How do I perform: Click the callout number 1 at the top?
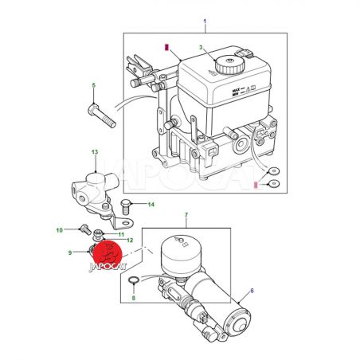[x=205, y=21]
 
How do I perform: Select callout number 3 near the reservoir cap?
[x=201, y=48]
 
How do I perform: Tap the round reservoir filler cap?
[x=229, y=65]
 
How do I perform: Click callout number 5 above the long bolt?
[x=94, y=85]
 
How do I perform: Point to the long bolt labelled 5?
[x=101, y=116]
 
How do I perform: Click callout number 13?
[x=95, y=152]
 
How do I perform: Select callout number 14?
[x=151, y=205]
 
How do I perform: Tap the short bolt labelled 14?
[x=126, y=207]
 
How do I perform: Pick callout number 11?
[x=121, y=235]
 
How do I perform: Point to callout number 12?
[x=130, y=241]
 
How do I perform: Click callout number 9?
[x=70, y=252]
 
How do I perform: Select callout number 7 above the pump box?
[x=186, y=214]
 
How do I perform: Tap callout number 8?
[x=134, y=298]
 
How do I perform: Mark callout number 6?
[x=252, y=291]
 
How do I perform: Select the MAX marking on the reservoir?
[x=236, y=90]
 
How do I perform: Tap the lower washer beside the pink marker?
[x=273, y=183]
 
